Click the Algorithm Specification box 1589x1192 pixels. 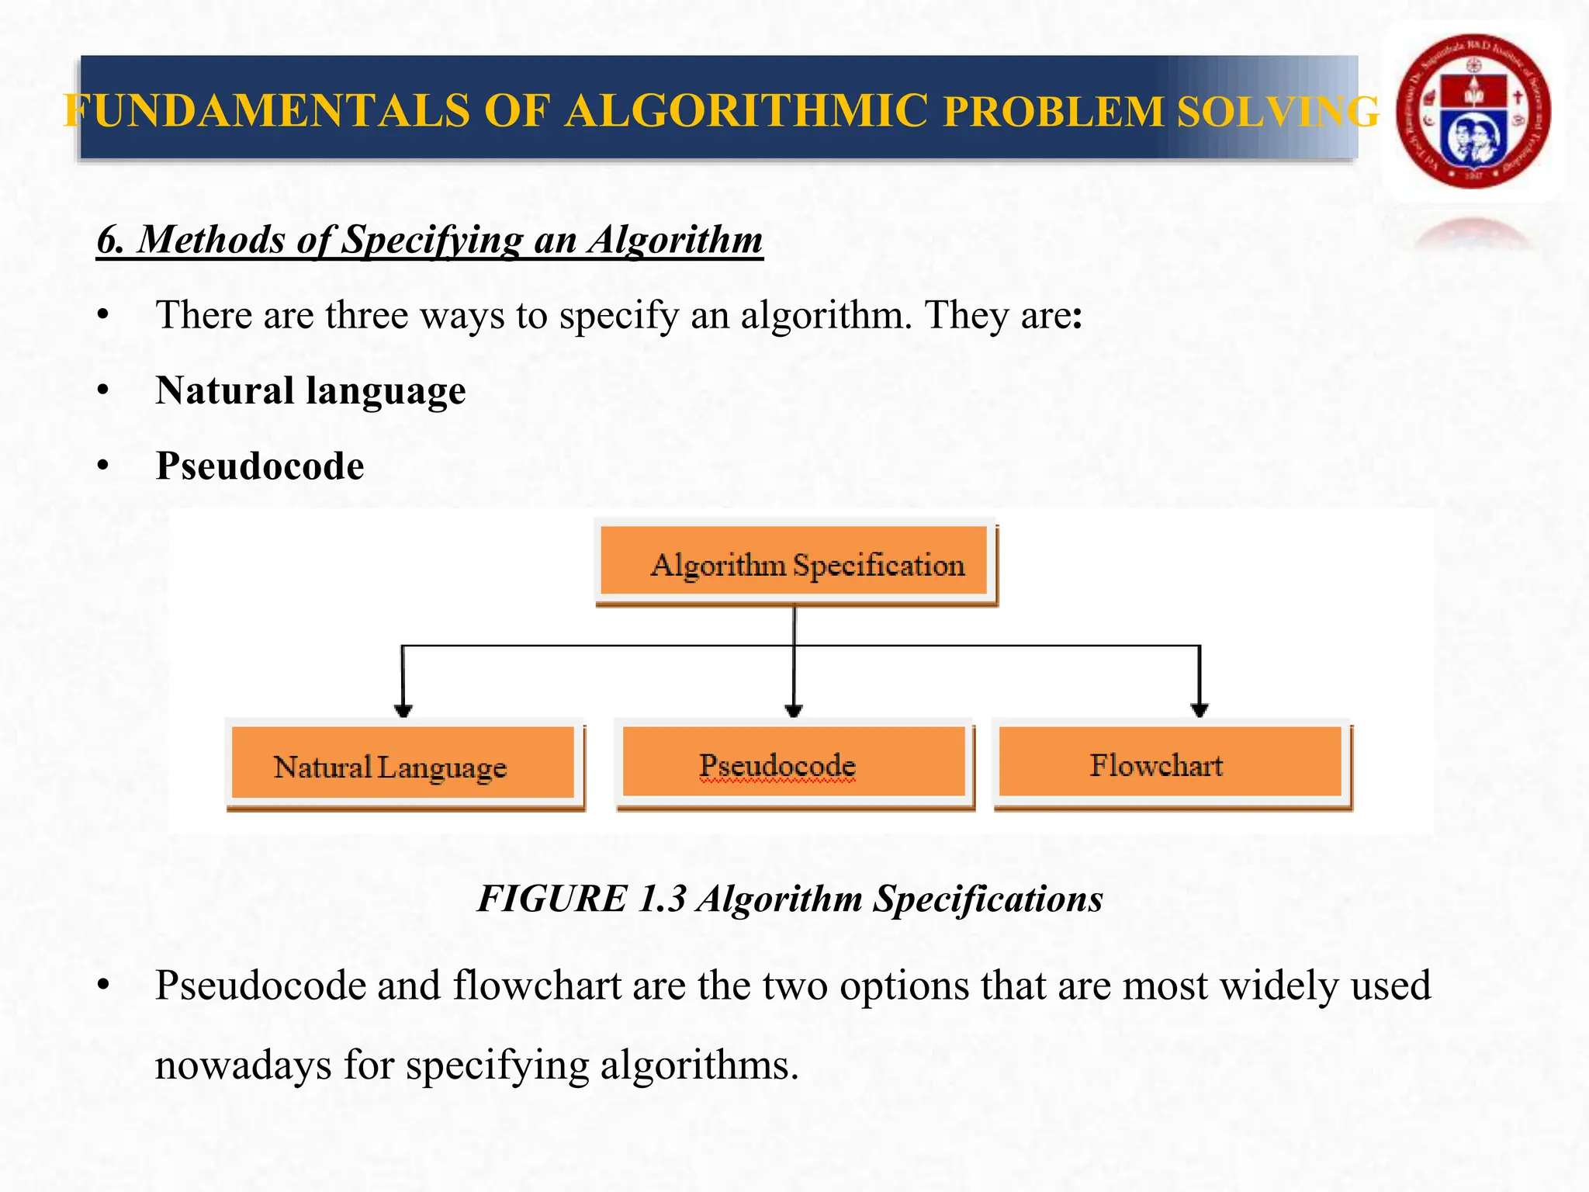794,561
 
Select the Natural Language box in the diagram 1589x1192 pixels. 403,764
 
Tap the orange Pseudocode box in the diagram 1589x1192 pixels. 794,763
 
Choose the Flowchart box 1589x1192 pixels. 1170,763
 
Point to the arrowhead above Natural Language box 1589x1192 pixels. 403,709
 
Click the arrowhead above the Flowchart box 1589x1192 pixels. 1200,709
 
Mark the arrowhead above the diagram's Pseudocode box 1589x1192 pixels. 793,709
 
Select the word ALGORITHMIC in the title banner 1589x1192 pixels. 746,110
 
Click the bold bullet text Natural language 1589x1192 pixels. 310,390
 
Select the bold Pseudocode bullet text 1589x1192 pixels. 260,466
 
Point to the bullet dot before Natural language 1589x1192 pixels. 103,391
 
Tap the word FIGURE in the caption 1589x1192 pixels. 552,899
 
